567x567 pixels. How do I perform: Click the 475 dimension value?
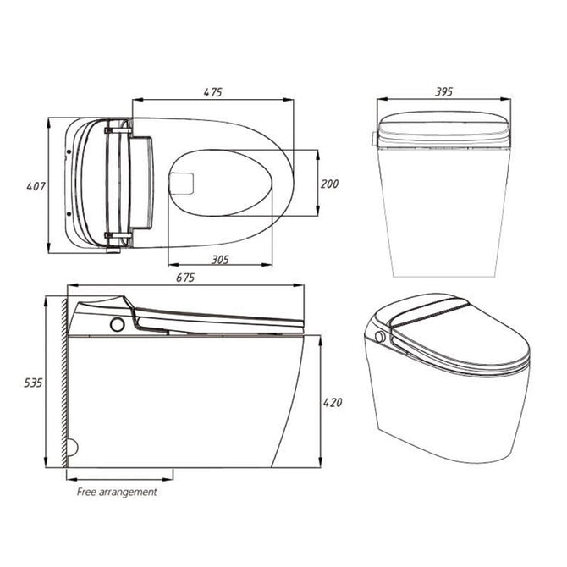[212, 92]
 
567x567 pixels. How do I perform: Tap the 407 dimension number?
[36, 186]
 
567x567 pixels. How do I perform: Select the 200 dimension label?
[329, 184]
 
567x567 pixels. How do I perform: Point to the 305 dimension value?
[220, 259]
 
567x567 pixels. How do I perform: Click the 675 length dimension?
[185, 278]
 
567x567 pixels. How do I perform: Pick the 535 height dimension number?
[33, 383]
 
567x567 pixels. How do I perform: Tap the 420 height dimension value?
[333, 403]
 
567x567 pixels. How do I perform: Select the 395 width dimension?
[443, 92]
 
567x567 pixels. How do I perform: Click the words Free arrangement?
[117, 492]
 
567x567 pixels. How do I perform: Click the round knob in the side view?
[117, 324]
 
